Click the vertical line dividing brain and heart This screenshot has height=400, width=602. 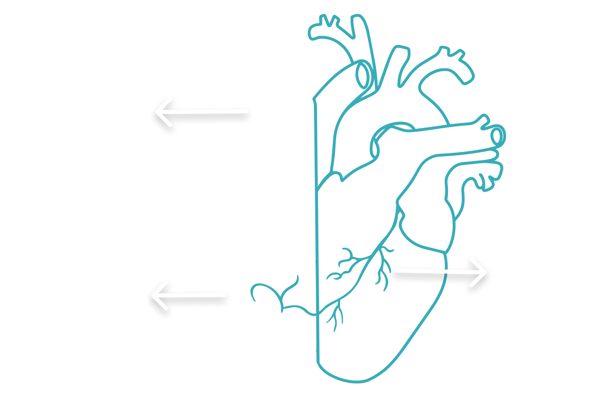tap(317, 238)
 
